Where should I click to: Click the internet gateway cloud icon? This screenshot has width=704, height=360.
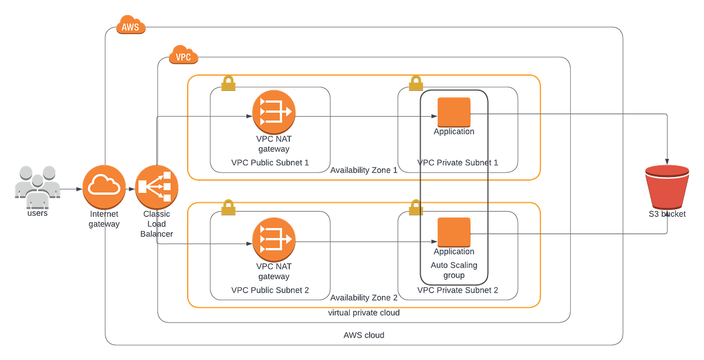(104, 188)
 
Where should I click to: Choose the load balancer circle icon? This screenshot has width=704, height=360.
(157, 188)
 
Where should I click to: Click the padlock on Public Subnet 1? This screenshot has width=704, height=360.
(228, 84)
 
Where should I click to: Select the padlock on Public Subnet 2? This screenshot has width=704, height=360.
(228, 205)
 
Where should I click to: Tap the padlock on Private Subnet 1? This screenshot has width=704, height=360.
(415, 83)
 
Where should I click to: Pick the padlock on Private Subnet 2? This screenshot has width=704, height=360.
(415, 206)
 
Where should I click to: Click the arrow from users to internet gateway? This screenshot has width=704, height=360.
(71, 188)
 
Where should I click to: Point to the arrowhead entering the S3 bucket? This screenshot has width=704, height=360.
(667, 160)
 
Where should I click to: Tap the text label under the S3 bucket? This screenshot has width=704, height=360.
(667, 215)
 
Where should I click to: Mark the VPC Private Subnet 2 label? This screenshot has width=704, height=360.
(458, 290)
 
